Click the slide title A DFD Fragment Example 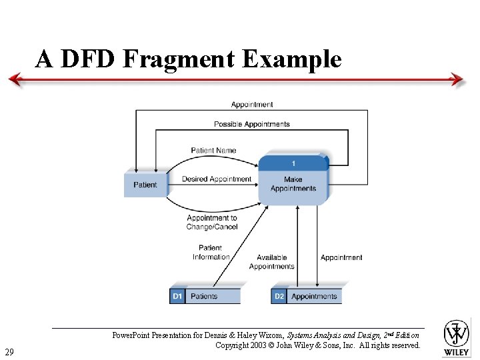(189, 59)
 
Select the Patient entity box (145, 185)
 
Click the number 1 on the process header (293, 163)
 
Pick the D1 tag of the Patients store (177, 296)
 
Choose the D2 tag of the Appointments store (279, 296)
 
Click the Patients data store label (204, 296)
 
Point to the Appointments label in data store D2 (314, 296)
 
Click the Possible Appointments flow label (251, 124)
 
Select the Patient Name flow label (213, 150)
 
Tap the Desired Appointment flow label (217, 179)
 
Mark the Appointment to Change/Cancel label (212, 223)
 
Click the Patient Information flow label (211, 253)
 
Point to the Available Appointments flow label (271, 262)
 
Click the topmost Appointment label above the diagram (252, 105)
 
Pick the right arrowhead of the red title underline (457, 80)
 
